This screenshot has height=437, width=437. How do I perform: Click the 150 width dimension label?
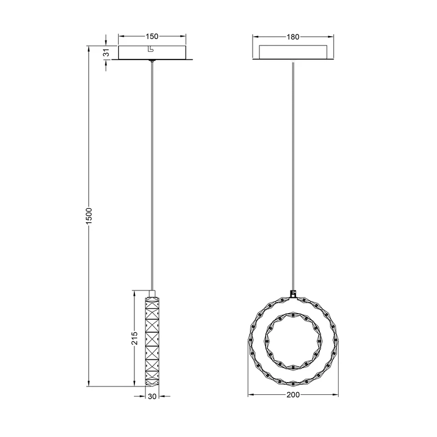point(152,36)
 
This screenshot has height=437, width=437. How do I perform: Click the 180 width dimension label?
point(293,37)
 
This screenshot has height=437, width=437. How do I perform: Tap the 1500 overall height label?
point(89,216)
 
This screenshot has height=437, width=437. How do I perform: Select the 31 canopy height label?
point(107,52)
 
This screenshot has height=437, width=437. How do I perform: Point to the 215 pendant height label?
point(134,338)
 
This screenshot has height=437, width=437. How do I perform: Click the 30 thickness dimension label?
point(152,396)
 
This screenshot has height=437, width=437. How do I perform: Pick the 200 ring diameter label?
point(293,395)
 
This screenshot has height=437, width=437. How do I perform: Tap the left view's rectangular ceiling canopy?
point(152,52)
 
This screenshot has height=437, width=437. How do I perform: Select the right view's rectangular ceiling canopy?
point(293,52)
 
